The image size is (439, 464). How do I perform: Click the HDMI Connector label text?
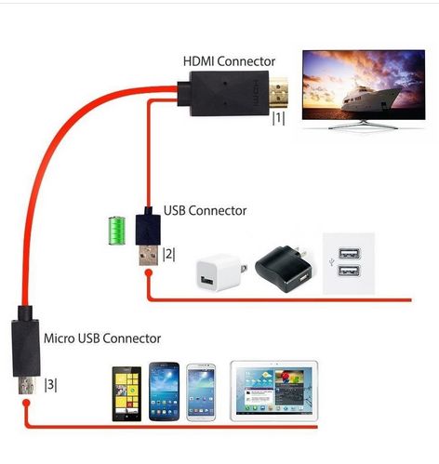[229, 61]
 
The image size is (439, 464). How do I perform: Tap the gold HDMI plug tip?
[278, 93]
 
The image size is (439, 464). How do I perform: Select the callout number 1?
[278, 118]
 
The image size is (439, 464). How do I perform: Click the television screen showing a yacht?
[364, 85]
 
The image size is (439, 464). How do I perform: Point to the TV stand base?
[363, 125]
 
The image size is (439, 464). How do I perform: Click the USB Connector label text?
[205, 211]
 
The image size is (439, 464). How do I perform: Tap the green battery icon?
[117, 231]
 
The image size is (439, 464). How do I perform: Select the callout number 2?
[169, 254]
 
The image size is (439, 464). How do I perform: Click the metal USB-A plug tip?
[148, 255]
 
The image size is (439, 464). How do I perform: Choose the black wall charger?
[284, 268]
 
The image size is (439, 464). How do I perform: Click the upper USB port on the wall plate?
[350, 253]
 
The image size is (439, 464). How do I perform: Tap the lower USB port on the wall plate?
[350, 272]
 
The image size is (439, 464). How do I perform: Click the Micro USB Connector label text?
[102, 338]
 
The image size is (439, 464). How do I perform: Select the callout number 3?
[51, 385]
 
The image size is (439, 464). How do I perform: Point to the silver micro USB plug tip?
[26, 385]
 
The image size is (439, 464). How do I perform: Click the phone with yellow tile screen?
[126, 394]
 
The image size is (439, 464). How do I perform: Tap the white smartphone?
[201, 392]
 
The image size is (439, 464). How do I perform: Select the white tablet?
[274, 391]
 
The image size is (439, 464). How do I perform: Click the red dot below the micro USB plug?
[26, 403]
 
